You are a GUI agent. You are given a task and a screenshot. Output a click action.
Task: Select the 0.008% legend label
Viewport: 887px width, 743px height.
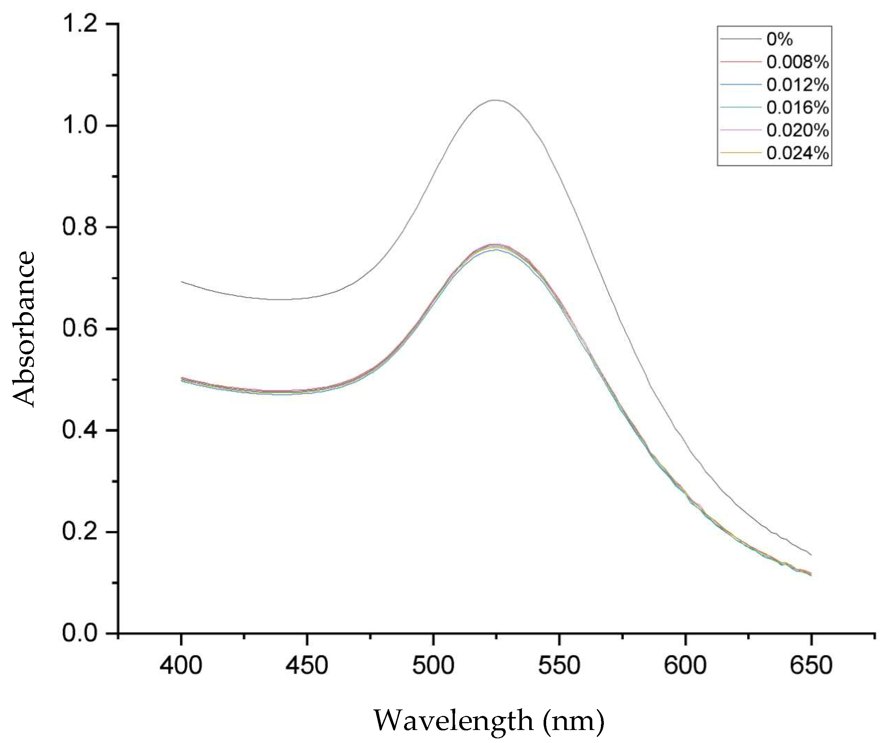[798, 62]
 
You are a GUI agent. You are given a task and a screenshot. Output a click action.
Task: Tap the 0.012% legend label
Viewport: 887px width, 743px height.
[798, 86]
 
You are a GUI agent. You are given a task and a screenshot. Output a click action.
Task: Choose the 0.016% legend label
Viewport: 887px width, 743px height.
[798, 108]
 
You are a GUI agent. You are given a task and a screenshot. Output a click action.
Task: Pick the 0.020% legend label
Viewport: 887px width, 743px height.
[798, 131]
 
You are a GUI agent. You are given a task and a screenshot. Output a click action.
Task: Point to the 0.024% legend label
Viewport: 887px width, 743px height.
[798, 154]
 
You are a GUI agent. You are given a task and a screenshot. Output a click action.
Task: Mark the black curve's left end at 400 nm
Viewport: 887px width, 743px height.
[181, 281]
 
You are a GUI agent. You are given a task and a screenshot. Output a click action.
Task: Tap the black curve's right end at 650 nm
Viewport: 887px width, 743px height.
[811, 555]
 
